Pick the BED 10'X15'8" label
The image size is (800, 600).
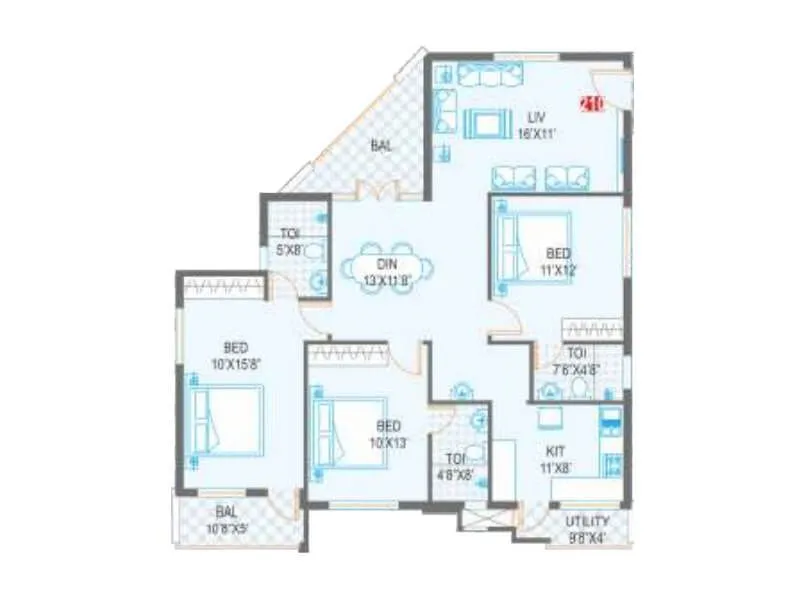tap(236, 355)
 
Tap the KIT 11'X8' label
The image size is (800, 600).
tap(556, 458)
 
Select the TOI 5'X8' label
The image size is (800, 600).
tap(290, 243)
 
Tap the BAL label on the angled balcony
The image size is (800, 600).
tap(381, 145)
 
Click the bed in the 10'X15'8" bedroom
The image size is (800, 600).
tap(228, 421)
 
